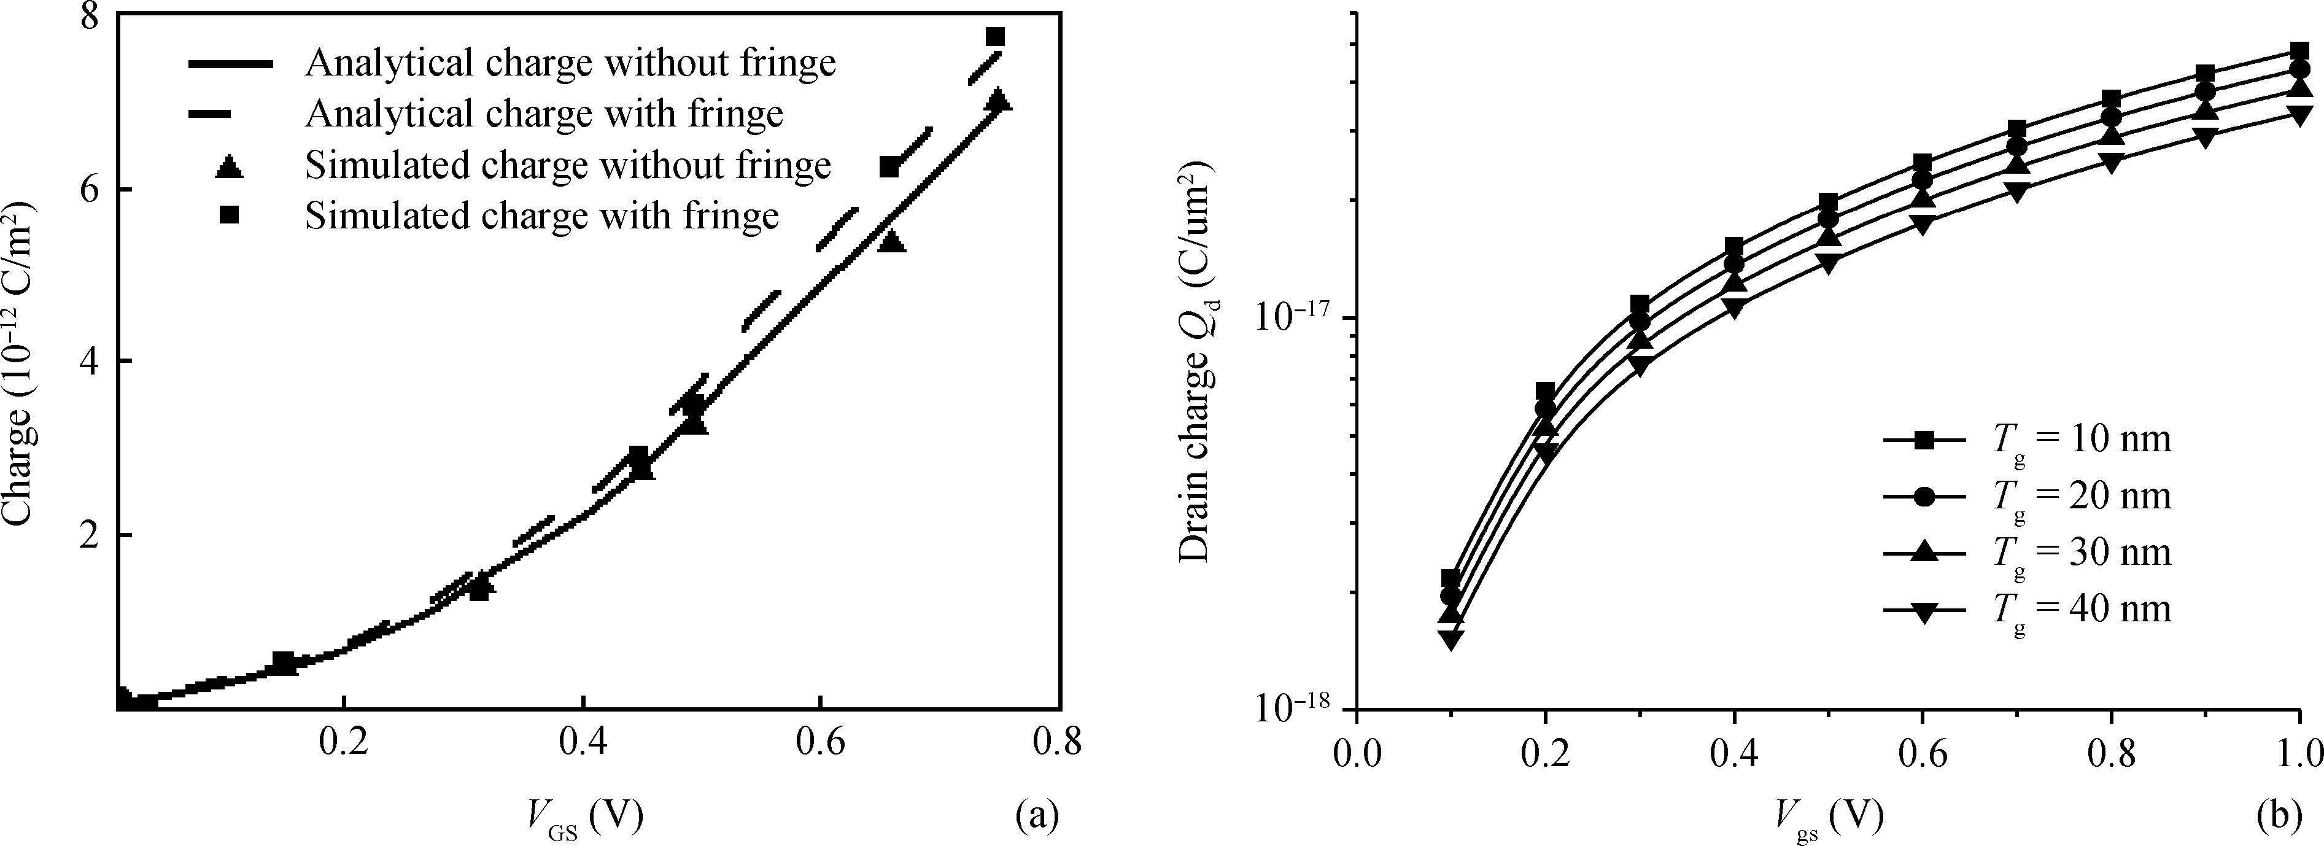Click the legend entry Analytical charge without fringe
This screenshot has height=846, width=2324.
[x=570, y=63]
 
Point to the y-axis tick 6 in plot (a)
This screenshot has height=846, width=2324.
[x=93, y=190]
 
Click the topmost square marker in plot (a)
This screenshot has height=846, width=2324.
[x=995, y=37]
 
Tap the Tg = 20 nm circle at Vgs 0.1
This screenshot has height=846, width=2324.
[x=1451, y=596]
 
